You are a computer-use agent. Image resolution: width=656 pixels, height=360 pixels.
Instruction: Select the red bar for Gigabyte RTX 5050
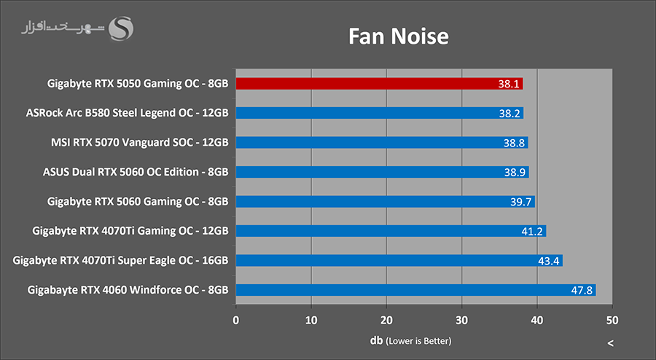[x=379, y=84]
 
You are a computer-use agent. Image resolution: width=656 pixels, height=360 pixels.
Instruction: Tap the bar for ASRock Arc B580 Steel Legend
[x=379, y=113]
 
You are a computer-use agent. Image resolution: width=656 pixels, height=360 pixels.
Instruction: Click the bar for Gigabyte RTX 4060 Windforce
[x=415, y=290]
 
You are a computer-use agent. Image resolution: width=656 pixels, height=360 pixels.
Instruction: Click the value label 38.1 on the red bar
[x=509, y=84]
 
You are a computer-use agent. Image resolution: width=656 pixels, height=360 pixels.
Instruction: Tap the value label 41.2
[x=532, y=231]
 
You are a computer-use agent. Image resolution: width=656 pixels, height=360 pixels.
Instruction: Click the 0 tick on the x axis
[x=236, y=321]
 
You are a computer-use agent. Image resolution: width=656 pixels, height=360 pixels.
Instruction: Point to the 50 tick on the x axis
[x=612, y=321]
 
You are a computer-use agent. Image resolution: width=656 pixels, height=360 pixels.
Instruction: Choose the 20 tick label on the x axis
[x=386, y=321]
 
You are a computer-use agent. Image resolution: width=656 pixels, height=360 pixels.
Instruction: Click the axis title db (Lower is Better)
[x=410, y=340]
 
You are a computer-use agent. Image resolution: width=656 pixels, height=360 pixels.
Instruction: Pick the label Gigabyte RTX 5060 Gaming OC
[x=138, y=201]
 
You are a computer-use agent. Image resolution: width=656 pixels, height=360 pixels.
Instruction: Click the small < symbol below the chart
[x=610, y=343]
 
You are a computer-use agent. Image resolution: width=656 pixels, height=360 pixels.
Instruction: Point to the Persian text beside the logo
[x=62, y=30]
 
